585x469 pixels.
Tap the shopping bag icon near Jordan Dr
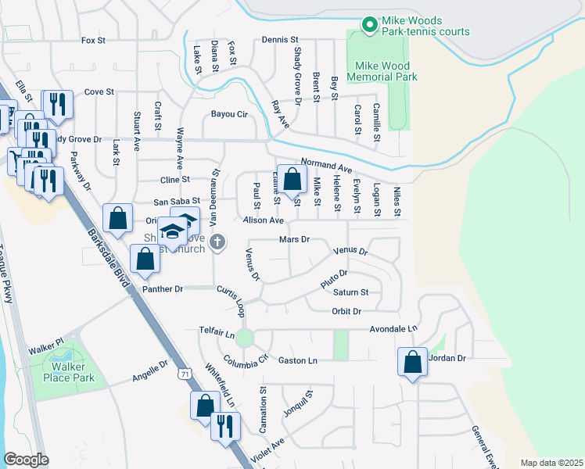(x=412, y=362)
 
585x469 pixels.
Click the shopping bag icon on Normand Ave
(x=292, y=180)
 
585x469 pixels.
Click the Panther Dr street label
(x=163, y=289)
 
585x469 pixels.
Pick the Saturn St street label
(x=352, y=292)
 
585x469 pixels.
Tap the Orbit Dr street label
(x=346, y=311)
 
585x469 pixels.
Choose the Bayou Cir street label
(x=229, y=114)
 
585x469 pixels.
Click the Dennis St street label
(x=281, y=39)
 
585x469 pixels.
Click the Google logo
(x=27, y=460)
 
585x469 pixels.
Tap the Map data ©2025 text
(x=551, y=463)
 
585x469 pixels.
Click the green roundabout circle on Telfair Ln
(x=245, y=338)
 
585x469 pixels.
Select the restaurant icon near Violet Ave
(x=225, y=426)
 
